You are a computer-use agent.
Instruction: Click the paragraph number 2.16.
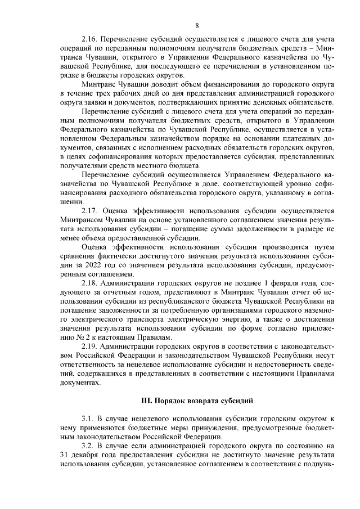[90, 40]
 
